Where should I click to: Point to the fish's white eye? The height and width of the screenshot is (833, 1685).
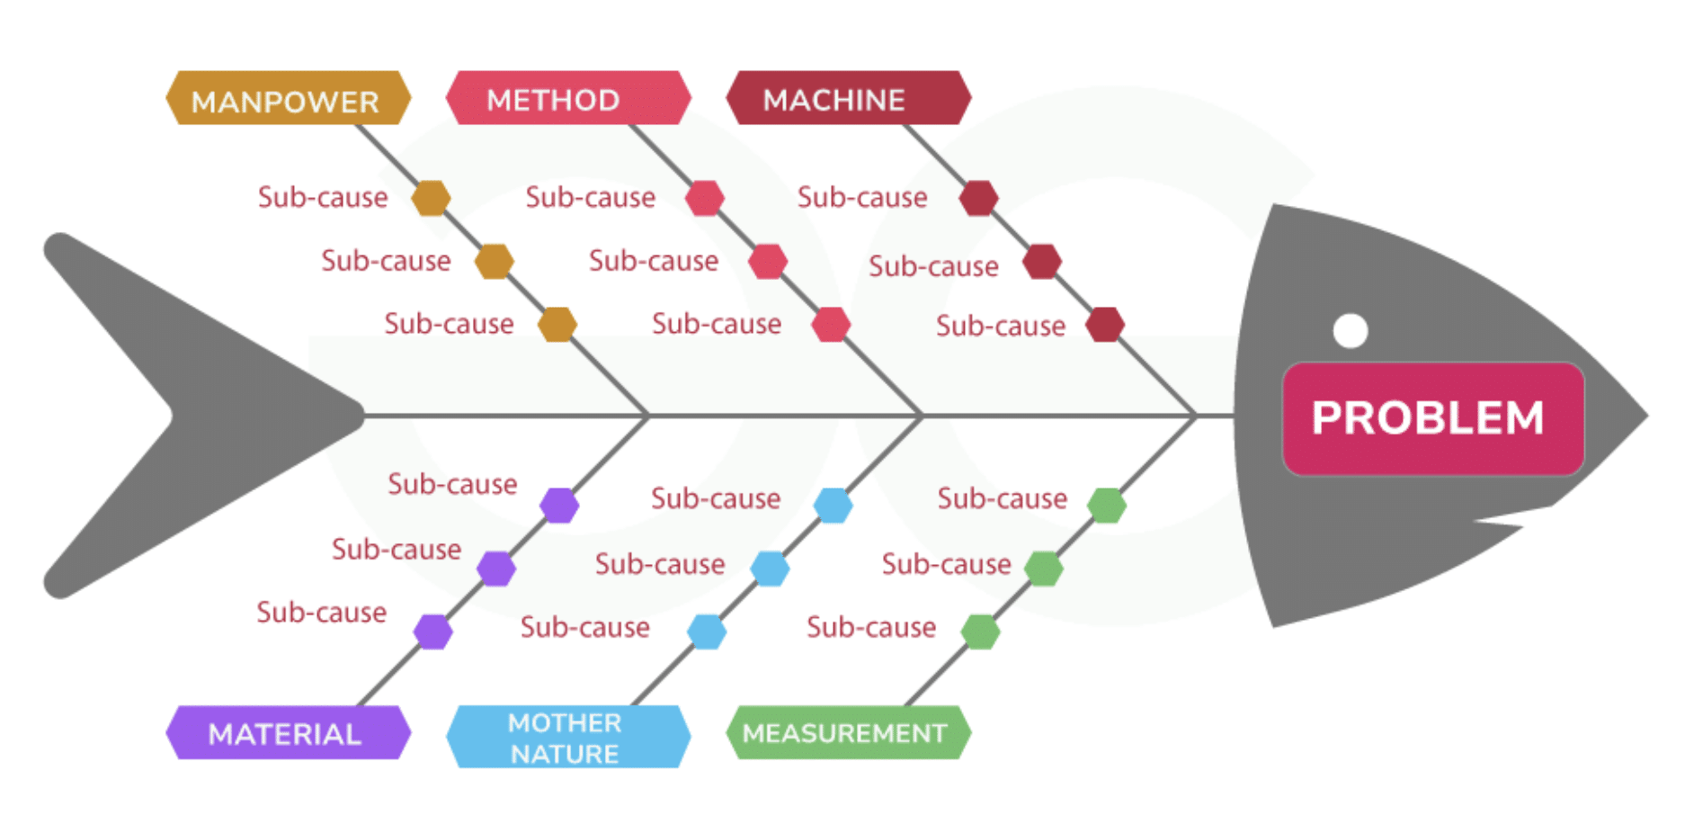click(1350, 330)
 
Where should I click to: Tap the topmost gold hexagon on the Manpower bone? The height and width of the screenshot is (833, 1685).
click(431, 198)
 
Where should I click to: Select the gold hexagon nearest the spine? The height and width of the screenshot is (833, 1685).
click(557, 325)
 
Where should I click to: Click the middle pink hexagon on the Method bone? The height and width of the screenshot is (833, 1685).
click(768, 262)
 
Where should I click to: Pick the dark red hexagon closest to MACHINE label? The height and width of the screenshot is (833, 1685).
click(978, 198)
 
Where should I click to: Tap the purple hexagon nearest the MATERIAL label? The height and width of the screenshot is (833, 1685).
click(432, 631)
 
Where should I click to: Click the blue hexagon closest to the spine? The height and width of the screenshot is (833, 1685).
click(833, 506)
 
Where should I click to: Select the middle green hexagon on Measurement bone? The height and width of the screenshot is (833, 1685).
click(1043, 569)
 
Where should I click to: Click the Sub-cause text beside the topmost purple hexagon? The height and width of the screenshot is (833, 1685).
click(452, 484)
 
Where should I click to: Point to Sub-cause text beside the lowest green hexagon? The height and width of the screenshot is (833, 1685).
click(870, 627)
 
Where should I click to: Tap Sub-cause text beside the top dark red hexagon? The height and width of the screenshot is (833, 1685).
click(861, 197)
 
